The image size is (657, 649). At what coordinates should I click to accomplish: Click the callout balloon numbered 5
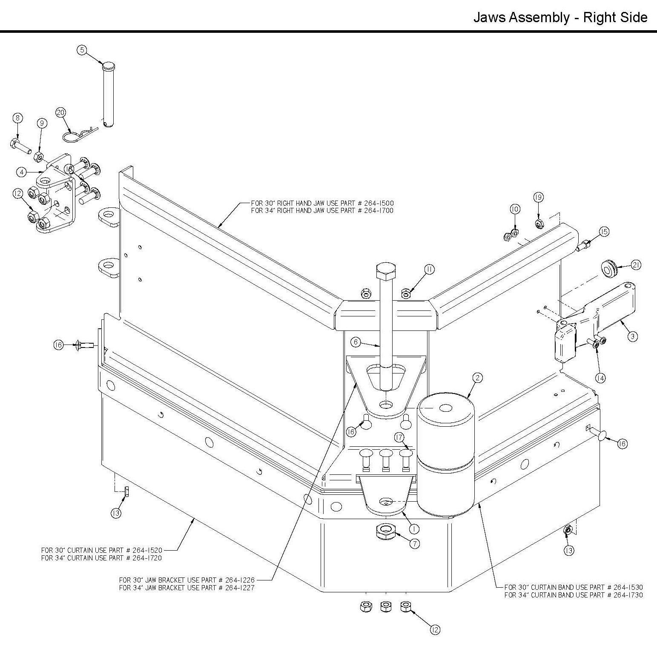(82, 50)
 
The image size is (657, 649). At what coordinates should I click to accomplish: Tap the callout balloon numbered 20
(61, 112)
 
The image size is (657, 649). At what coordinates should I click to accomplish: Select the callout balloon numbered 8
(17, 118)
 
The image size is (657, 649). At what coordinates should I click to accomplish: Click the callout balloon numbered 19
(538, 197)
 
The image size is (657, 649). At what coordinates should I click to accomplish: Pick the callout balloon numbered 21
(636, 265)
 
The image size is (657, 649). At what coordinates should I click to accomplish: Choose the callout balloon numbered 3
(633, 336)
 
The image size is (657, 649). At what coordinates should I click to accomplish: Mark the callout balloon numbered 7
(414, 543)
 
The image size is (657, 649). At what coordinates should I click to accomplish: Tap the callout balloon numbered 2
(478, 377)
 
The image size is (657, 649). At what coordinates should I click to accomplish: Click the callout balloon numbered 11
(429, 269)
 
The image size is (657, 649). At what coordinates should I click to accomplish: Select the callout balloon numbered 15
(604, 232)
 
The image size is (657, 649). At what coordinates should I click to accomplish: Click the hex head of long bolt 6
(387, 271)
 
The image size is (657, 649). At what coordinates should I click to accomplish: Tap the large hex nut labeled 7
(386, 531)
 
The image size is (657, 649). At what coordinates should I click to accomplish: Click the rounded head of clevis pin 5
(109, 66)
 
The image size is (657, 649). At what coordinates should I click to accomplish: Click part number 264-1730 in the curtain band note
(628, 595)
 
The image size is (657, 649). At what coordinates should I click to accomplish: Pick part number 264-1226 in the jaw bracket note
(240, 580)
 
